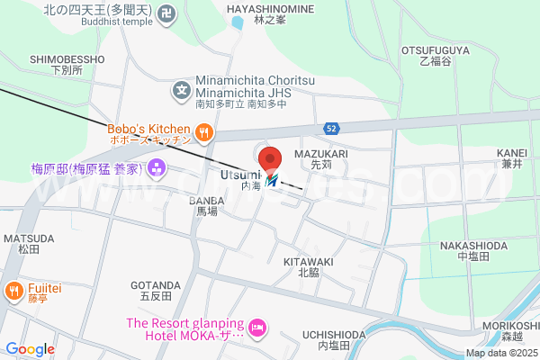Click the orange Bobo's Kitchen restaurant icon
[x=204, y=133]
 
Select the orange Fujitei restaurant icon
[x=14, y=291]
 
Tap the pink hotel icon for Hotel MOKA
[x=258, y=328]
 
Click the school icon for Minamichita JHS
[x=183, y=89]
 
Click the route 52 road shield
[x=332, y=129]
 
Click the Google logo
[x=30, y=349]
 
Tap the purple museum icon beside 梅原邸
[x=157, y=167]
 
